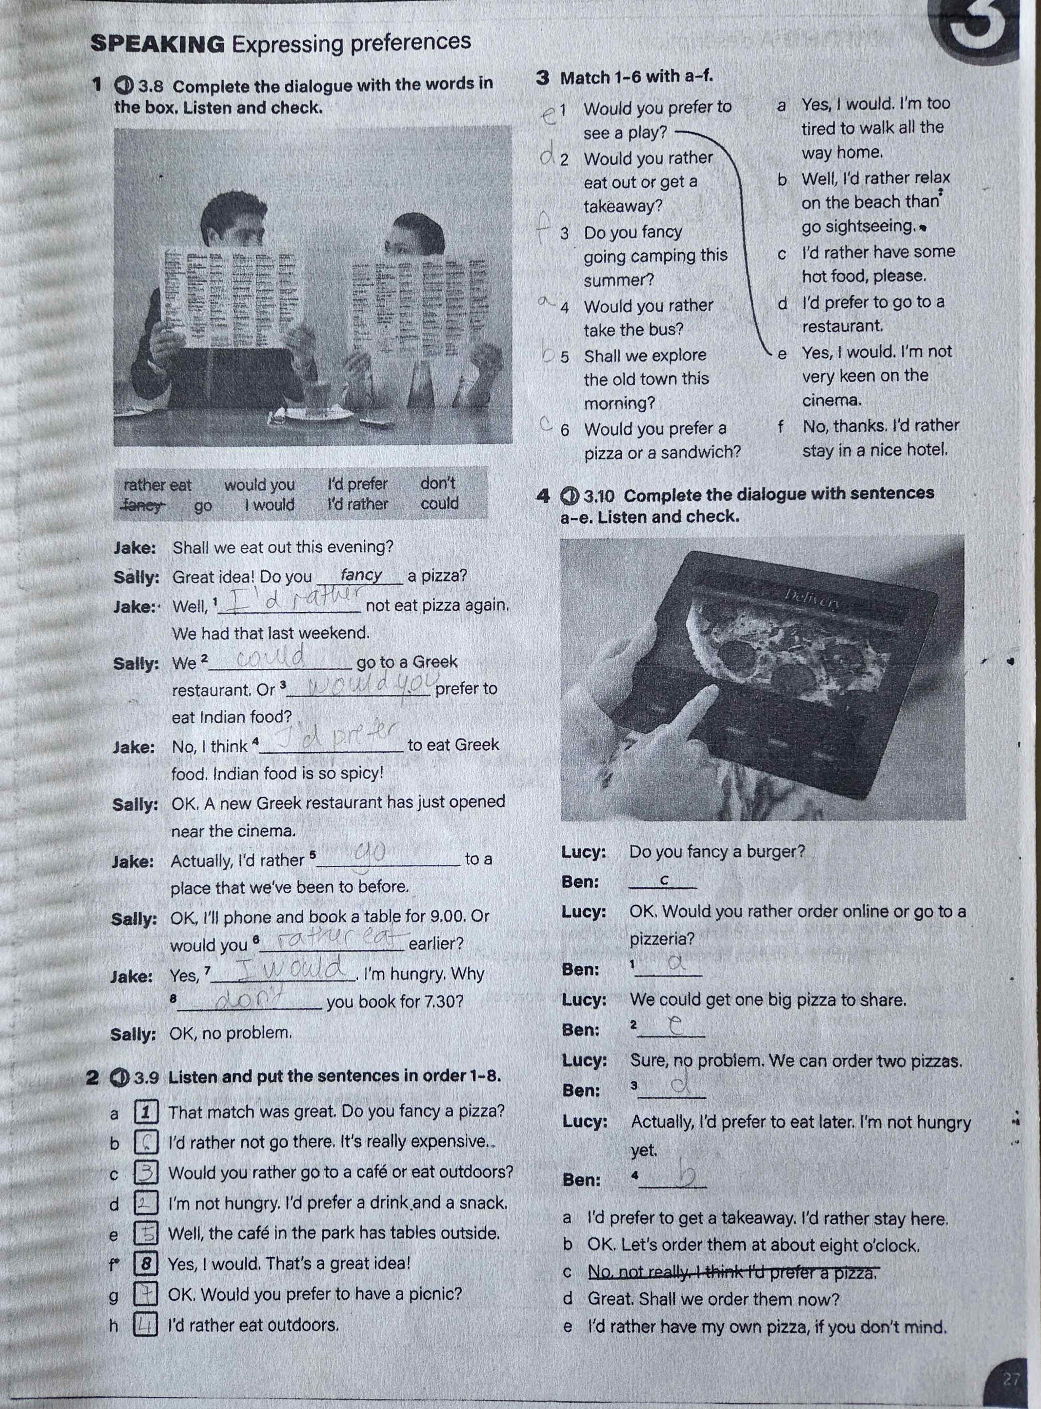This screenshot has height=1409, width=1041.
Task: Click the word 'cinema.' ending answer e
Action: pyautogui.click(x=831, y=400)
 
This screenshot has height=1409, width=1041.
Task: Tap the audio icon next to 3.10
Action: pyautogui.click(x=569, y=496)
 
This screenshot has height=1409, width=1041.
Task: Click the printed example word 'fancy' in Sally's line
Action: pyautogui.click(x=361, y=575)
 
